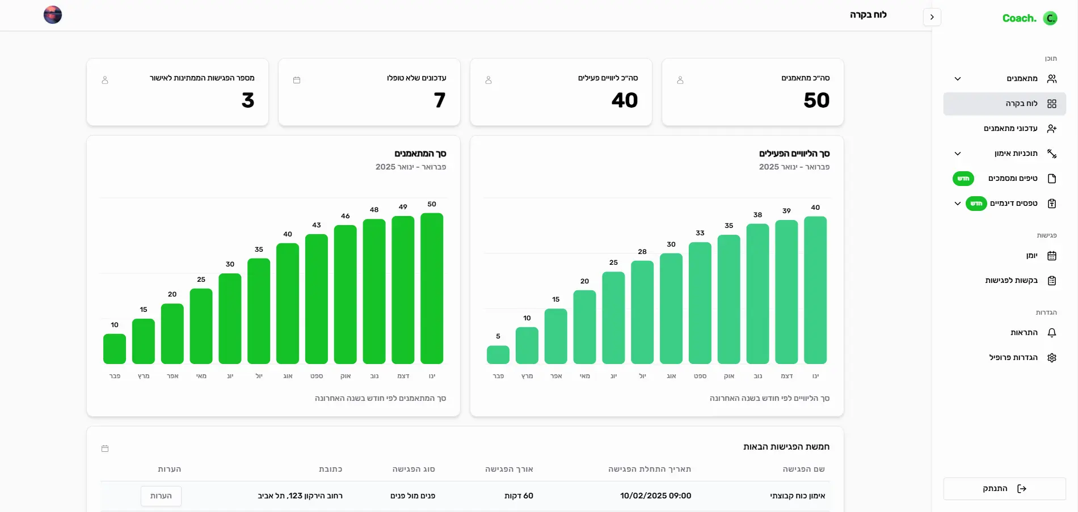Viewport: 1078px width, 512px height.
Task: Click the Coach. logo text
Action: pyautogui.click(x=1019, y=18)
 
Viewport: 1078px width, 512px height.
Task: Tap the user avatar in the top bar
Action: pyautogui.click(x=53, y=15)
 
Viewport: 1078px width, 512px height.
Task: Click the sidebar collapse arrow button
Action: pyautogui.click(x=932, y=17)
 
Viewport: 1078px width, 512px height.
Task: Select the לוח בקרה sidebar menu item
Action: pyautogui.click(x=1004, y=104)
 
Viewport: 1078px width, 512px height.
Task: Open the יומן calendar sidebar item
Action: pyautogui.click(x=1031, y=256)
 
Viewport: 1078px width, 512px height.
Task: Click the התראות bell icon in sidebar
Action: pyautogui.click(x=1051, y=333)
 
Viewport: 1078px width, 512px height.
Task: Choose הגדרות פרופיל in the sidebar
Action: pyautogui.click(x=1013, y=358)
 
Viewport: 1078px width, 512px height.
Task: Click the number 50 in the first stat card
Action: pyautogui.click(x=816, y=100)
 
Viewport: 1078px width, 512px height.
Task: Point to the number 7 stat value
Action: pyautogui.click(x=440, y=100)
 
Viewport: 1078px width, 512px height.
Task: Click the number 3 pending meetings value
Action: pyautogui.click(x=248, y=100)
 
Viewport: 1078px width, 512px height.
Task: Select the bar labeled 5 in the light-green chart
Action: pyautogui.click(x=498, y=354)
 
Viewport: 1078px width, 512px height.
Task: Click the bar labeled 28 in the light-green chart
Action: pyautogui.click(x=642, y=312)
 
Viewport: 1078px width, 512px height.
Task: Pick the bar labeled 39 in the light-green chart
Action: pyautogui.click(x=786, y=292)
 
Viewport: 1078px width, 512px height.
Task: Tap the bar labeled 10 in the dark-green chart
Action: pyautogui.click(x=115, y=349)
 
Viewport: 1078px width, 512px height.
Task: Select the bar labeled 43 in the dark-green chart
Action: pyautogui.click(x=317, y=299)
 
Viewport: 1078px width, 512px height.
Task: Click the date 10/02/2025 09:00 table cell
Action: pyautogui.click(x=655, y=496)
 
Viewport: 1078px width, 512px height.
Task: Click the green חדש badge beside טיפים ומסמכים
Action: pyautogui.click(x=963, y=179)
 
